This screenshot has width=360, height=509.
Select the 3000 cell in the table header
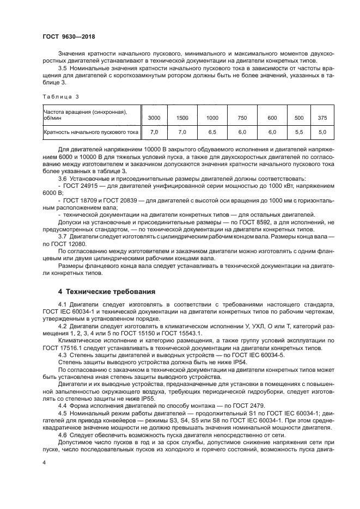pyautogui.click(x=154, y=118)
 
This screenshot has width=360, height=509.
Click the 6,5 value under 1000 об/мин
pyautogui.click(x=212, y=132)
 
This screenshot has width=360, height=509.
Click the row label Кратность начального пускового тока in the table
pyautogui.click(x=90, y=132)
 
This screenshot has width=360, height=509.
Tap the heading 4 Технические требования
pyautogui.click(x=107, y=291)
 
